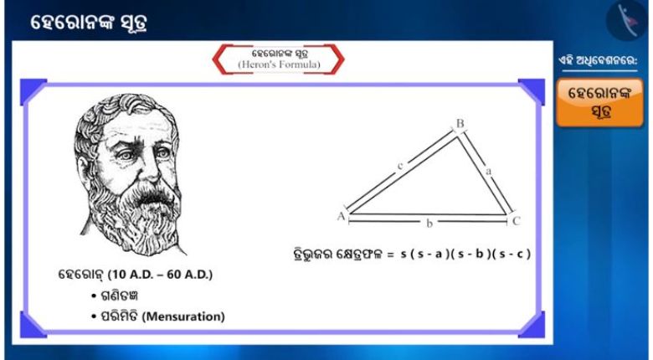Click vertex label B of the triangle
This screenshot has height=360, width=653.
[x=460, y=123]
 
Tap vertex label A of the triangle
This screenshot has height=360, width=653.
[x=342, y=216]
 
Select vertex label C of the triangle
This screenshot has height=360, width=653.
[x=516, y=221]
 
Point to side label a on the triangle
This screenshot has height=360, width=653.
[x=489, y=172]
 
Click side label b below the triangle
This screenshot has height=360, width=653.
[x=429, y=224]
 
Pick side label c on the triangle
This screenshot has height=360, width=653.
[x=400, y=166]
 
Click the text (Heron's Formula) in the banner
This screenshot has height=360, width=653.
[x=279, y=64]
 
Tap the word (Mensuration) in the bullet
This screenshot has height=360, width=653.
[x=183, y=316]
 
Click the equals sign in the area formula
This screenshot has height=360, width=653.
[x=390, y=255]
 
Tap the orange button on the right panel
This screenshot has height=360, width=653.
[x=599, y=102]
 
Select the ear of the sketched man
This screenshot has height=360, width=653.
[x=84, y=169]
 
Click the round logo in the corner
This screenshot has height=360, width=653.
[x=627, y=19]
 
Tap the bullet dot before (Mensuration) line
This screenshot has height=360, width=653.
[x=94, y=316]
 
